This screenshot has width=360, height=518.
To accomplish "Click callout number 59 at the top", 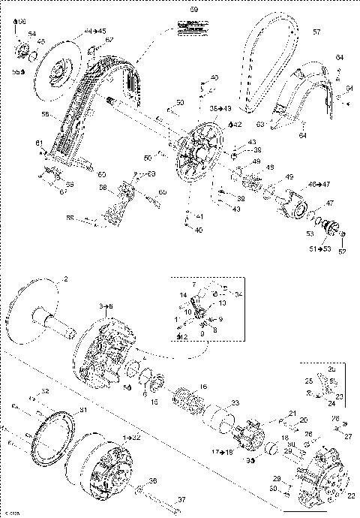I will point(193,10).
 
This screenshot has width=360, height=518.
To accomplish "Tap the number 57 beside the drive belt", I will point(316,32).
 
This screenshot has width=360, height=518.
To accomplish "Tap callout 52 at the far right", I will point(343,251).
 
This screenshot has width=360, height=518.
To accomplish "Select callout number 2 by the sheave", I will point(65,279).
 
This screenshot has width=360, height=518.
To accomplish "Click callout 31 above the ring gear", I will point(83,410).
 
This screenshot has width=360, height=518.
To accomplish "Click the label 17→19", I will point(223,452).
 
